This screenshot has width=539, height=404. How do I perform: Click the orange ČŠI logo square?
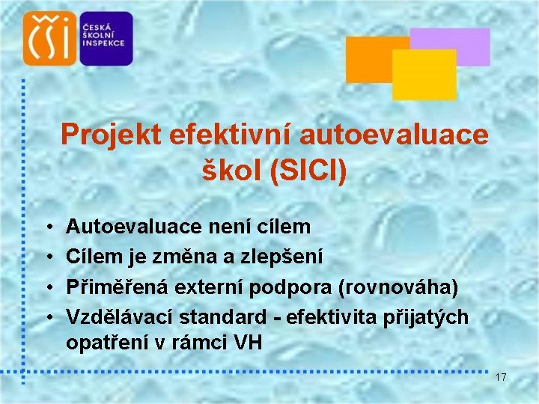click(50, 38)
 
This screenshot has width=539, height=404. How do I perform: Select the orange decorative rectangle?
click(367, 58)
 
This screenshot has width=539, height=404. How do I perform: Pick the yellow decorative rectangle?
click(424, 76)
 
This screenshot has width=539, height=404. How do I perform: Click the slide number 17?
click(501, 378)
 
